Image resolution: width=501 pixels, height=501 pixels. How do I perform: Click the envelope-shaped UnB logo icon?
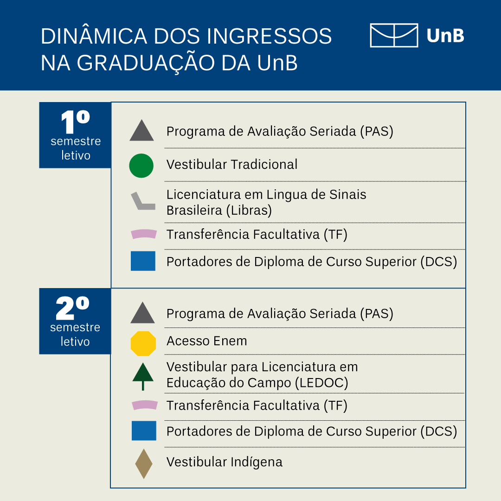tap(394, 35)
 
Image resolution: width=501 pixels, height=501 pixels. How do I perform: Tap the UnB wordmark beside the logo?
tap(445, 35)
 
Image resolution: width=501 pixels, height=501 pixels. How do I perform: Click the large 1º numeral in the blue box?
tap(76, 122)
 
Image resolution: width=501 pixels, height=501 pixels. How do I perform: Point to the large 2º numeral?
tap(72, 308)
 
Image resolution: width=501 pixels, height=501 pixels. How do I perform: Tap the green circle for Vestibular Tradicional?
tap(141, 166)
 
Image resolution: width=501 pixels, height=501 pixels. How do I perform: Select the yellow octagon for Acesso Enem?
tap(143, 343)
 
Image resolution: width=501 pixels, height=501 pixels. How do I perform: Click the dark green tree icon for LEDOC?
tap(143, 376)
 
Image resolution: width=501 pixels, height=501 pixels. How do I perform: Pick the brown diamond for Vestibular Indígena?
tap(144, 463)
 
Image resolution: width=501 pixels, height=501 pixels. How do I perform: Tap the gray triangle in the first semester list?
tap(141, 131)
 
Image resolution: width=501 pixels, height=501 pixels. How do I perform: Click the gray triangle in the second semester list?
tap(142, 313)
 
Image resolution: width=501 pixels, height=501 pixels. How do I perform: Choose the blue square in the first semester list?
tap(143, 261)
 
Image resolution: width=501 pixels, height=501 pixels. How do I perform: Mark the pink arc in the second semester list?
tap(145, 405)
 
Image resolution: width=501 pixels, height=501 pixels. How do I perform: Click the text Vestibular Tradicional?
tap(232, 165)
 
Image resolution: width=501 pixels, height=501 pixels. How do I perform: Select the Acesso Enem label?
tap(207, 341)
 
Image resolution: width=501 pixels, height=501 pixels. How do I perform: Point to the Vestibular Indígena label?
tap(225, 462)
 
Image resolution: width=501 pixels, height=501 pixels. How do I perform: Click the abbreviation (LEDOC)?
tap(321, 383)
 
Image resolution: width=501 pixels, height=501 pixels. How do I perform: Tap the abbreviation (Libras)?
tap(249, 211)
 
